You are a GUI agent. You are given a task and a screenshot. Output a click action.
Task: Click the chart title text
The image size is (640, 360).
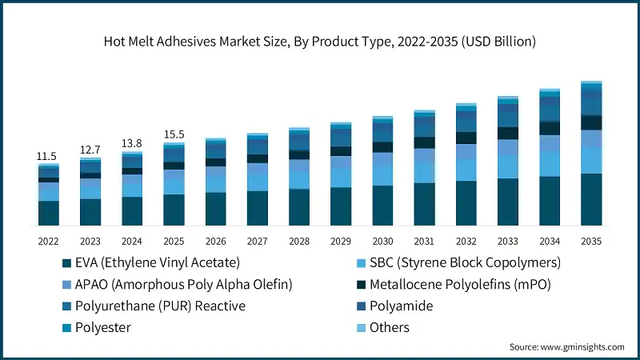click(320, 40)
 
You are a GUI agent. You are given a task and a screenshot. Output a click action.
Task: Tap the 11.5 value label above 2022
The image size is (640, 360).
click(48, 155)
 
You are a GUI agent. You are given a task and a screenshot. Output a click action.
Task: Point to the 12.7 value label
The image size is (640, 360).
click(90, 150)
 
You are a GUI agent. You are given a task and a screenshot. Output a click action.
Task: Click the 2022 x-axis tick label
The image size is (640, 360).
click(48, 240)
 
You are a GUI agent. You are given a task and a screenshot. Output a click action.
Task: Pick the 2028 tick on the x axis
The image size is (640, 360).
click(299, 240)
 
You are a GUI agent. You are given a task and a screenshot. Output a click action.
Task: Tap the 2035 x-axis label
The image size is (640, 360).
click(591, 240)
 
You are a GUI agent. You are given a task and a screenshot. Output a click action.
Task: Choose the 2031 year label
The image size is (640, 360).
click(424, 240)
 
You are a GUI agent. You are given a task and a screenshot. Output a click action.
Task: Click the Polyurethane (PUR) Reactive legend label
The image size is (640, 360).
click(159, 306)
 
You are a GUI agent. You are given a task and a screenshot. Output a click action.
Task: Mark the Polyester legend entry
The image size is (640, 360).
click(102, 327)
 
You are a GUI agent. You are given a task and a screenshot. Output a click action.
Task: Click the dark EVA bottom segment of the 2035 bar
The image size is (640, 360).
click(591, 199)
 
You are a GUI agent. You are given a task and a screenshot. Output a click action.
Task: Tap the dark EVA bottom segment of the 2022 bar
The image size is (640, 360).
click(48, 213)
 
